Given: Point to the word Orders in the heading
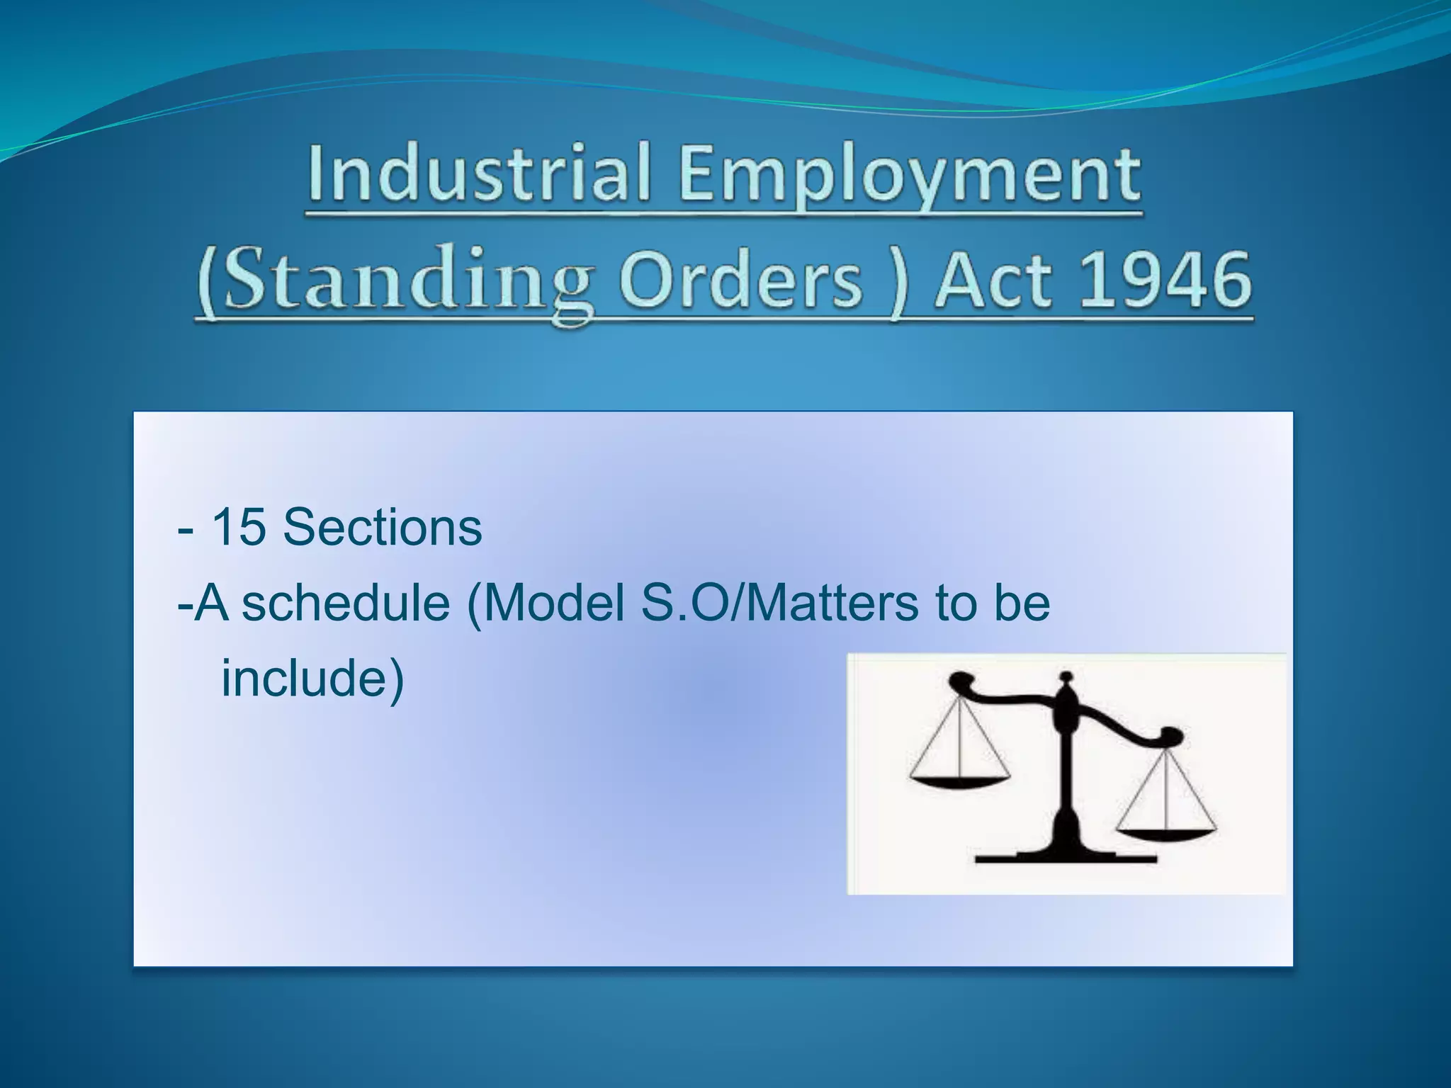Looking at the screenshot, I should coord(740,280).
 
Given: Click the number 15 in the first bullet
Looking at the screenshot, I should coord(238,528).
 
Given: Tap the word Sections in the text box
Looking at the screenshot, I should coord(382,528).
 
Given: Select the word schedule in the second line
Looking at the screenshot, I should coord(345,603).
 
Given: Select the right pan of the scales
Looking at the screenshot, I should coord(1165,834).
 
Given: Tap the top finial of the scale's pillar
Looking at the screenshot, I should coord(1066,681).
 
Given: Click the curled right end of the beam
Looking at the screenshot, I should coord(1169,737).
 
